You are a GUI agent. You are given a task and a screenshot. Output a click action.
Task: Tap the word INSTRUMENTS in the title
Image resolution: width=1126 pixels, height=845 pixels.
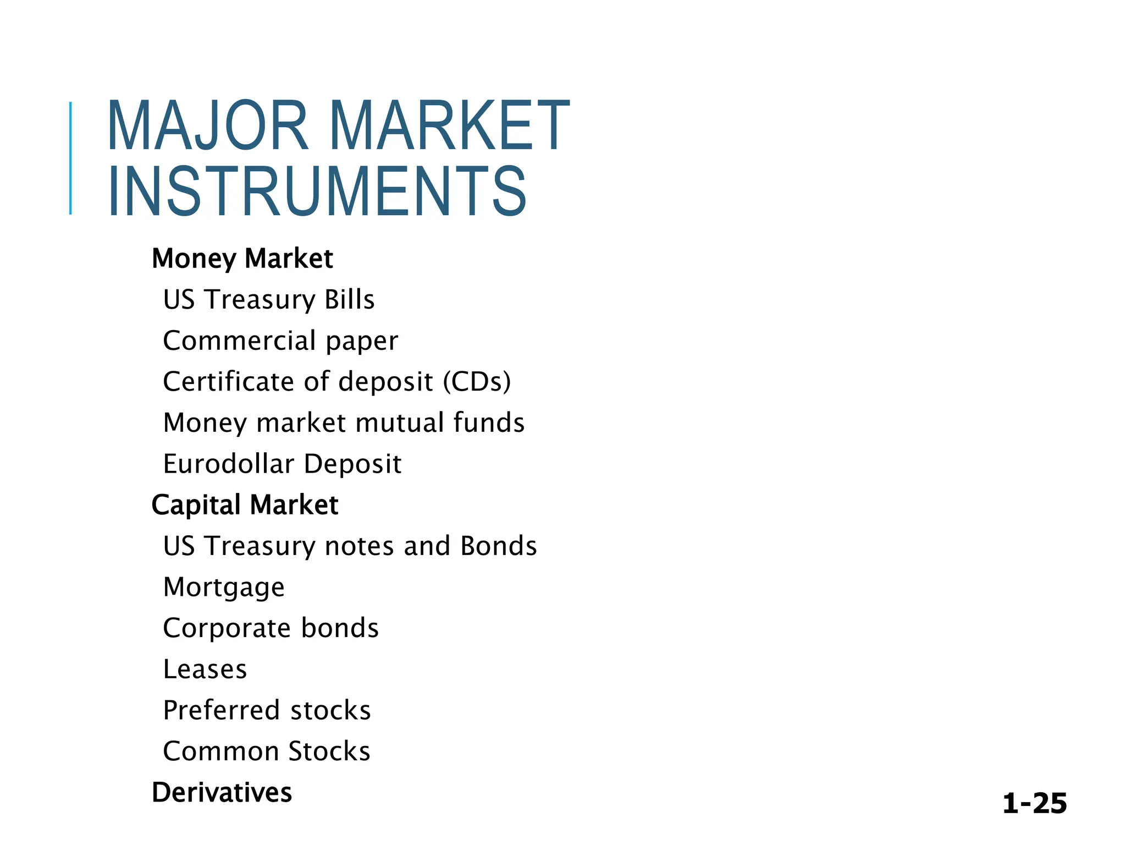pos(317,191)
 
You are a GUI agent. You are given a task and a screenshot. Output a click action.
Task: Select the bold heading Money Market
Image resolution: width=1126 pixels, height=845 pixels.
pos(242,259)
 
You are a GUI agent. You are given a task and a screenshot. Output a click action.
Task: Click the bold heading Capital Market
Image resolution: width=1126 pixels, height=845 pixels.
pos(245,505)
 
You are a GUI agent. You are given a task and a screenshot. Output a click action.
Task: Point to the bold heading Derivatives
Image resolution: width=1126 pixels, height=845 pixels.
pos(222,793)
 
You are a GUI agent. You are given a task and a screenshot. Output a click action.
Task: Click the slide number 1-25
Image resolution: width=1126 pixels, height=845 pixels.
pos(1034,803)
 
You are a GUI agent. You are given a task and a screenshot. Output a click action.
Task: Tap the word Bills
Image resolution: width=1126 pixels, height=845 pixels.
pos(349,300)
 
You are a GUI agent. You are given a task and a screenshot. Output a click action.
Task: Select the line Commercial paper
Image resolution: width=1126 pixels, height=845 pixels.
pos(280,341)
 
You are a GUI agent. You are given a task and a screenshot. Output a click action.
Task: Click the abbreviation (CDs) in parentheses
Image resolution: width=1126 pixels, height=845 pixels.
pos(477,382)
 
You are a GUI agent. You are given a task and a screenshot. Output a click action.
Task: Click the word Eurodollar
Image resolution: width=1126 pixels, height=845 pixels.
pos(228,464)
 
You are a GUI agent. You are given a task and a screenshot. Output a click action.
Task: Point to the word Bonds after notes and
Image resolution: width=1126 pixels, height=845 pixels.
pos(498,546)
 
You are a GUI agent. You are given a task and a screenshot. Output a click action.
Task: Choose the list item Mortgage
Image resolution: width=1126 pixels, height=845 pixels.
pos(224,588)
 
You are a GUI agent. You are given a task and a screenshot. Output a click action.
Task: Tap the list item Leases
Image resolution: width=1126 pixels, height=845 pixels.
pos(205,670)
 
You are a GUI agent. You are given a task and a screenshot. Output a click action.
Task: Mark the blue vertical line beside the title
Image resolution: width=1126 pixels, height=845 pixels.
pos(70,158)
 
